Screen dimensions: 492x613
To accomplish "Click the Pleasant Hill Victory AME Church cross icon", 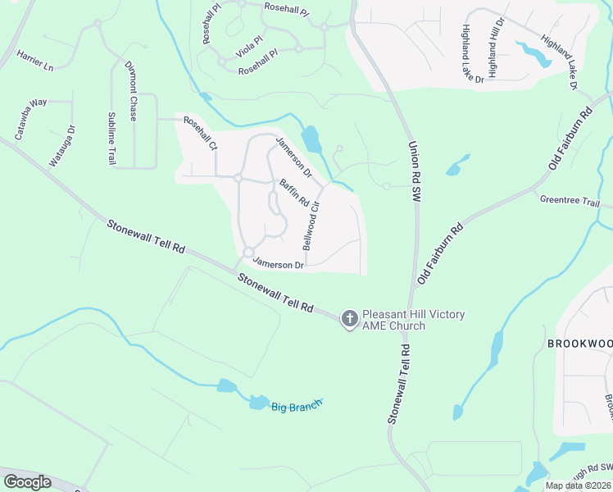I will pyautogui.click(x=349, y=319).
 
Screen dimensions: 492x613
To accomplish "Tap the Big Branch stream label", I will pyautogui.click(x=297, y=404).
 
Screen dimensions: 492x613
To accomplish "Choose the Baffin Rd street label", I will pyautogui.click(x=293, y=193).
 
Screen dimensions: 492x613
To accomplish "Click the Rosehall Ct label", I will pyautogui.click(x=200, y=134).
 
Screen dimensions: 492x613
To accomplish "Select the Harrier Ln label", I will pyautogui.click(x=34, y=60).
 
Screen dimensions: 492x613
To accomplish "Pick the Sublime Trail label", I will pyautogui.click(x=112, y=139).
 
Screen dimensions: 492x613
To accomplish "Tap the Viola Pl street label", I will pyautogui.click(x=249, y=48).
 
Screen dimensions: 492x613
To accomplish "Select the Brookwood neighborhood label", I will pyautogui.click(x=579, y=344).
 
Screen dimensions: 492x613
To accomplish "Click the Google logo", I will pyautogui.click(x=27, y=482).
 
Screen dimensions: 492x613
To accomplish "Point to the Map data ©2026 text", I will pyautogui.click(x=578, y=485).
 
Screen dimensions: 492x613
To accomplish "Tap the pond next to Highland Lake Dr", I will pyautogui.click(x=537, y=53).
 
